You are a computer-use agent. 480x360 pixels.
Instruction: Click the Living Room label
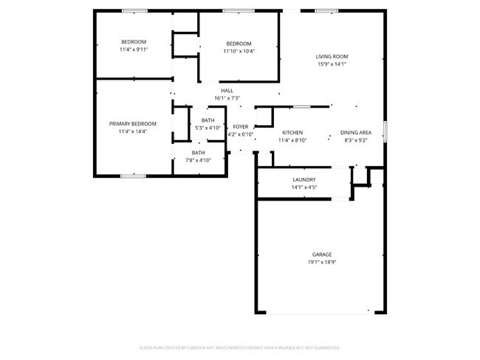point(332,57)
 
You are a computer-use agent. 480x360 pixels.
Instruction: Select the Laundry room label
point(304,180)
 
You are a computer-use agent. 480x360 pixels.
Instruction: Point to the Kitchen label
point(292,133)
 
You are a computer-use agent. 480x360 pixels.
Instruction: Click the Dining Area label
point(354,133)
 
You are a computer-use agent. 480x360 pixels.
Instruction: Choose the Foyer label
point(241,127)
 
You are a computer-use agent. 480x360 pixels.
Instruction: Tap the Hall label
point(227,90)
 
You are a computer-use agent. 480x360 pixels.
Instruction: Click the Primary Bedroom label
point(133,124)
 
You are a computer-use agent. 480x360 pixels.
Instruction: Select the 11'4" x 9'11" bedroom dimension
point(134,49)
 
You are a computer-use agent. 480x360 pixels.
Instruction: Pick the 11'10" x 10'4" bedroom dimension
point(239,51)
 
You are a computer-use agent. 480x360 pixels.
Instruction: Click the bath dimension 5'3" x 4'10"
point(208,128)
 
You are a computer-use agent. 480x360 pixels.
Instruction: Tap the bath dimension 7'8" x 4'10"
point(199,160)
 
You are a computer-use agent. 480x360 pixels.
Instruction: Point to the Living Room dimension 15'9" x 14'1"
point(332,64)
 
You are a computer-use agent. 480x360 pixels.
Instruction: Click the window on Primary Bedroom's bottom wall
point(133,176)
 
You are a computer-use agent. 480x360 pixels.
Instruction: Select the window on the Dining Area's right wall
point(384,131)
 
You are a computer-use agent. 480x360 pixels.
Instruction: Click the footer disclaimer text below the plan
point(239,347)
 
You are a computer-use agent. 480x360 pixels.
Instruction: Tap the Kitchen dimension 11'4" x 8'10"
point(292,140)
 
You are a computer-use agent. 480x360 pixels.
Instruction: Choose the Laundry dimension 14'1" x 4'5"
point(304,187)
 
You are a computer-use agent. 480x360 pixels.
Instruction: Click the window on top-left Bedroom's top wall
point(134,10)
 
